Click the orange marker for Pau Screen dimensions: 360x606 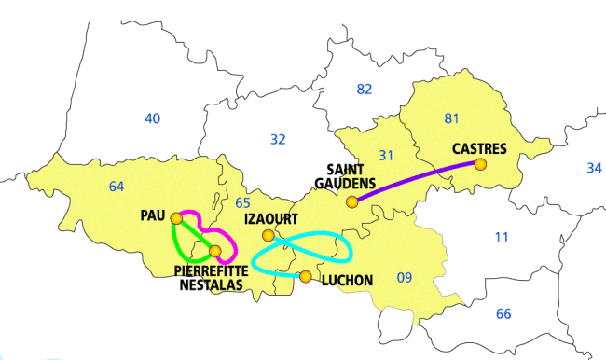click(176, 218)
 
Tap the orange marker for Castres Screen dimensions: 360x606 click(480, 164)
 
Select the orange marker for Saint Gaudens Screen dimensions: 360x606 click(351, 201)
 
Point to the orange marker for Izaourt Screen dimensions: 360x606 click(268, 235)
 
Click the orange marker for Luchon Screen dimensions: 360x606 click(305, 275)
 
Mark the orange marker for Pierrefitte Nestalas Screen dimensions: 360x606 click(215, 251)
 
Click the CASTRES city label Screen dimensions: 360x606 click(479, 148)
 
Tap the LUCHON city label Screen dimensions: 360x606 click(346, 280)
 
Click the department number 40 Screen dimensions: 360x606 click(154, 118)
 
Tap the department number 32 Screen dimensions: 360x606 click(278, 139)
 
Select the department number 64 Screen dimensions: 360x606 click(116, 187)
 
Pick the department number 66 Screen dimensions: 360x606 click(503, 313)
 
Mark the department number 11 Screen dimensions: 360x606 click(502, 237)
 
